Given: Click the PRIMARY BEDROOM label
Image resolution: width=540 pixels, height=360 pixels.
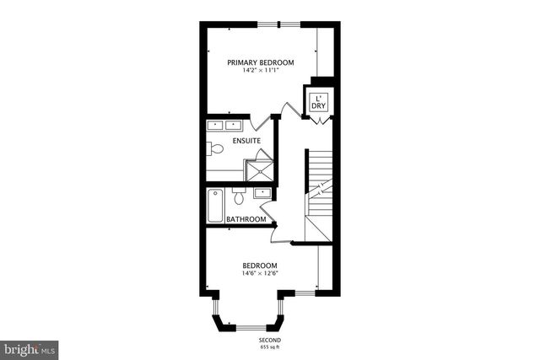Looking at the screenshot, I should tap(260, 63).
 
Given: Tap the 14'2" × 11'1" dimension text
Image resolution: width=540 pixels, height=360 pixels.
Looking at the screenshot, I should tap(260, 72).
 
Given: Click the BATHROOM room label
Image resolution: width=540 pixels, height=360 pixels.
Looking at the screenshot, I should tap(246, 220).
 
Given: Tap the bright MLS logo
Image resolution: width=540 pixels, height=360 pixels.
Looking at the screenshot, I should tap(29, 347).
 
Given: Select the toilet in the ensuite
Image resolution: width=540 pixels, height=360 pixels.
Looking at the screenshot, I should tap(216, 149).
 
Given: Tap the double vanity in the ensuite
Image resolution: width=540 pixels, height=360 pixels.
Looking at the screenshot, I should tap(224, 126).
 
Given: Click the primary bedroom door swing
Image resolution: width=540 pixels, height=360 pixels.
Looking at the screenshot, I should tap(289, 110).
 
